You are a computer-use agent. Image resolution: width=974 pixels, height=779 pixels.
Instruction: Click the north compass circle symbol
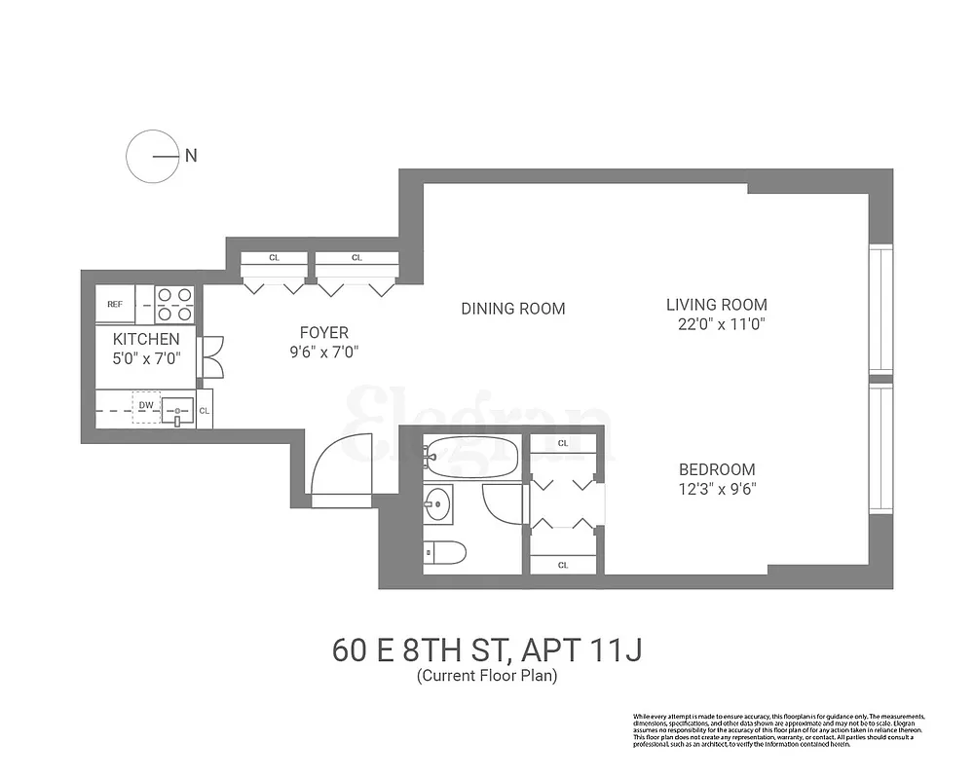tap(153, 155)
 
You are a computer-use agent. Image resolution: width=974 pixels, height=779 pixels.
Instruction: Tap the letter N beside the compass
tap(191, 155)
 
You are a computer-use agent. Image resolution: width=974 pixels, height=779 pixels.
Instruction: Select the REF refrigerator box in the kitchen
tap(115, 304)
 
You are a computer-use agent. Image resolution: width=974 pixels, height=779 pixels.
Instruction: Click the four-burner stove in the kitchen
tap(174, 304)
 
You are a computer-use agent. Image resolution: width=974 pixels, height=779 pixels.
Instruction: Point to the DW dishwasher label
tap(146, 404)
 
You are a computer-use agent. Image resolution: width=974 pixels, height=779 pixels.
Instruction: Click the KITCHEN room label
tap(146, 339)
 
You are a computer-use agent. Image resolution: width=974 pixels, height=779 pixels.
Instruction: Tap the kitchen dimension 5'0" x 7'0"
tap(146, 357)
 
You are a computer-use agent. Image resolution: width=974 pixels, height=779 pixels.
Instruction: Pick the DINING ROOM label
tap(512, 309)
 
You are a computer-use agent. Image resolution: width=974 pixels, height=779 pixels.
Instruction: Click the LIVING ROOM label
tap(716, 305)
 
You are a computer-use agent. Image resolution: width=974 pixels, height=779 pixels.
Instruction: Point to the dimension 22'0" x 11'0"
tap(717, 324)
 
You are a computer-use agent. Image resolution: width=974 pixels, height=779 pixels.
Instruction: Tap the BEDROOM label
tap(717, 469)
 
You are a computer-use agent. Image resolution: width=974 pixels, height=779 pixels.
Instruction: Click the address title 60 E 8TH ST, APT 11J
tap(486, 649)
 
